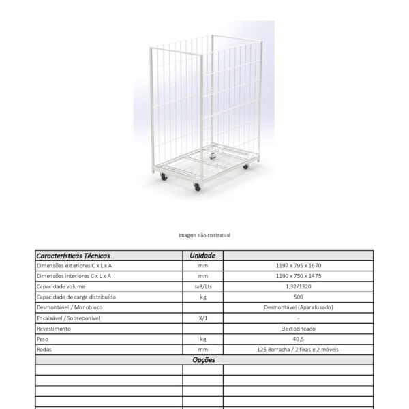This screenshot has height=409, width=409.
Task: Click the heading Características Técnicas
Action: tap(73, 256)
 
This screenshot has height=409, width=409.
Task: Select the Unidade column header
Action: tap(202, 256)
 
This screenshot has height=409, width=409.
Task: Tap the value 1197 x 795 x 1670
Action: tap(299, 266)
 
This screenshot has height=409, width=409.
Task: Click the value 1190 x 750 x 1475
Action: tap(299, 276)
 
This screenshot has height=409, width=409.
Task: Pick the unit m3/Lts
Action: tap(202, 286)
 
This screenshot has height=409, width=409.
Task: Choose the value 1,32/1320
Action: tap(299, 286)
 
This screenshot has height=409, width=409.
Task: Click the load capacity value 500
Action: tap(299, 297)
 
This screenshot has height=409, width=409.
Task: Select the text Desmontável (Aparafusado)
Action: tap(299, 307)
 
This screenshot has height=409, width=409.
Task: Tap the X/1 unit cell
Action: tap(202, 318)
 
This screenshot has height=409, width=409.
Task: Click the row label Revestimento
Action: tap(54, 329)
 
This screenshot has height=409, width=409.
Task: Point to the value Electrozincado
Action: tap(299, 329)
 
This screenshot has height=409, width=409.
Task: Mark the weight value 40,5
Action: tap(299, 339)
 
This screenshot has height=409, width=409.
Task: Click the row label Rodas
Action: tap(45, 349)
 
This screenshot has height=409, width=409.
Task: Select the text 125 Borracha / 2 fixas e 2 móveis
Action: tap(299, 349)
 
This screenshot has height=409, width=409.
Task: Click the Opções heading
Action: tap(204, 359)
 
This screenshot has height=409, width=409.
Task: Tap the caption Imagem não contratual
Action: tap(204, 235)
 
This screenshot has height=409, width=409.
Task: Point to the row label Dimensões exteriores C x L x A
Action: tap(74, 266)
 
